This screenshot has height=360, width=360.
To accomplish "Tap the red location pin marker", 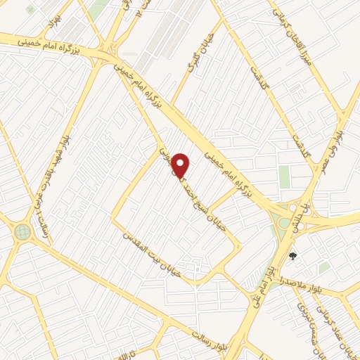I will [181, 165].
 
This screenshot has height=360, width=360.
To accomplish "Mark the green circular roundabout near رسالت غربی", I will [22, 231].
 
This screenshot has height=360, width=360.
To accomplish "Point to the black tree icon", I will [292, 257].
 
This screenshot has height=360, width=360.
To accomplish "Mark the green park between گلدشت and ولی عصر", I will [284, 176].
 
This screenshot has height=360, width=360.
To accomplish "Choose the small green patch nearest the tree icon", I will [323, 268].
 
